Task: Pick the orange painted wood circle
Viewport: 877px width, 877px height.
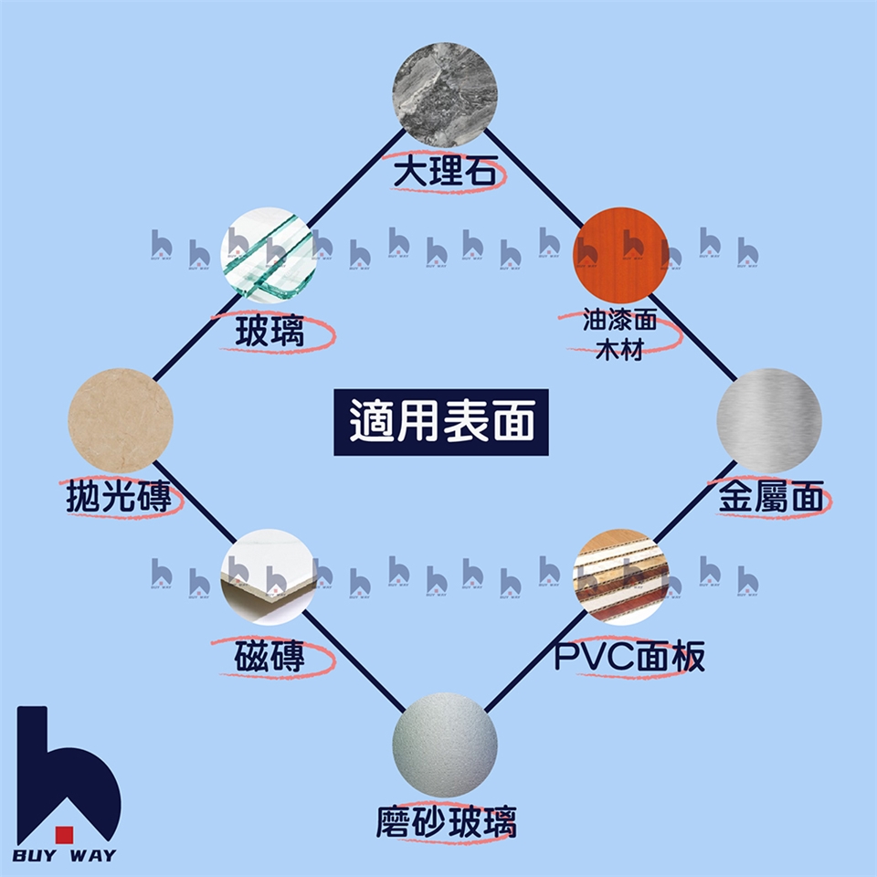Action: tap(618, 251)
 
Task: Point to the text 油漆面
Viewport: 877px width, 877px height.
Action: tap(619, 322)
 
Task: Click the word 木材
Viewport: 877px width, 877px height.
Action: tap(619, 350)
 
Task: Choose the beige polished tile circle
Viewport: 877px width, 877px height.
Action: tap(120, 420)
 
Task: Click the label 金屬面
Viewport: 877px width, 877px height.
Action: tap(771, 499)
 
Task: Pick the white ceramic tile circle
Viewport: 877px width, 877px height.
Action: tap(270, 575)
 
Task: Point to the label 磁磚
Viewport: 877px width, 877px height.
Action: tap(269, 656)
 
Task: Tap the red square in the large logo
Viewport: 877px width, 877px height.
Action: tap(64, 832)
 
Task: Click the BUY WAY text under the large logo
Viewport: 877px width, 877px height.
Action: tap(64, 856)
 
